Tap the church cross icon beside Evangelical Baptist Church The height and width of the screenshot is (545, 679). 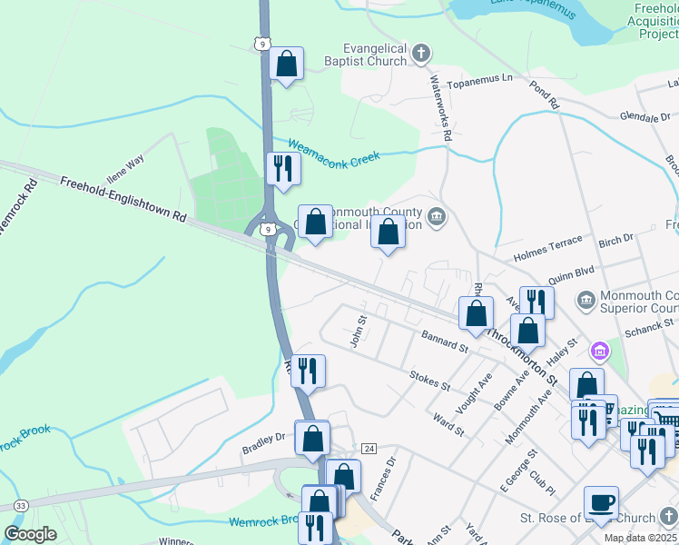pos(420,54)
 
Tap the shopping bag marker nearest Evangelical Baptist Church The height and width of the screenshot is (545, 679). pos(286,64)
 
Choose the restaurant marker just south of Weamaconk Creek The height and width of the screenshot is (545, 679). pos(282,168)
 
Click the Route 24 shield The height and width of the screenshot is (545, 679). pos(369,449)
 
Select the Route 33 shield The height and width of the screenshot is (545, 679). pos(20,505)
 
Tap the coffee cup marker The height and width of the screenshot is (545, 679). pos(602,502)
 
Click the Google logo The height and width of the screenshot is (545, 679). pos(30,533)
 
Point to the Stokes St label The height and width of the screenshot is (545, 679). pos(430,380)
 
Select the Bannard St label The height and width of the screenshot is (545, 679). pos(444,342)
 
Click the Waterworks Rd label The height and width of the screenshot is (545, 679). pos(439,108)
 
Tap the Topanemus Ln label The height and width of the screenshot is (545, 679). pos(484,79)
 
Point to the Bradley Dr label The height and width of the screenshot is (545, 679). pos(263,442)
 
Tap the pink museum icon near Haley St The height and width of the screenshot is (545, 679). pos(598,351)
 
